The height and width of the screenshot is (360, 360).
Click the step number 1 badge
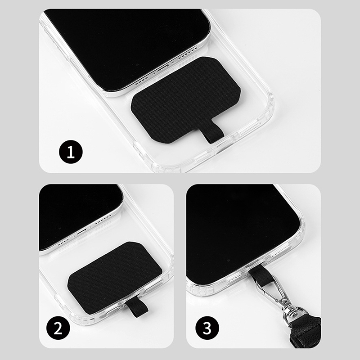pyautogui.click(x=71, y=152)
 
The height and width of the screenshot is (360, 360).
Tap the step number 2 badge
pyautogui.click(x=58, y=328)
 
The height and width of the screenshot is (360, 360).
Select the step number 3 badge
pyautogui.click(x=207, y=328)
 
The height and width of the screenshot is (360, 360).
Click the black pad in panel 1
pyautogui.click(x=185, y=99)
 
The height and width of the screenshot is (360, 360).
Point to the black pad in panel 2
pyautogui.click(x=115, y=277)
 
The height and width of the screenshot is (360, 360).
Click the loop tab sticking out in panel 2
pyautogui.click(x=137, y=309)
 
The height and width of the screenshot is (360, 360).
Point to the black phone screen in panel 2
pyautogui.click(x=78, y=213)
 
